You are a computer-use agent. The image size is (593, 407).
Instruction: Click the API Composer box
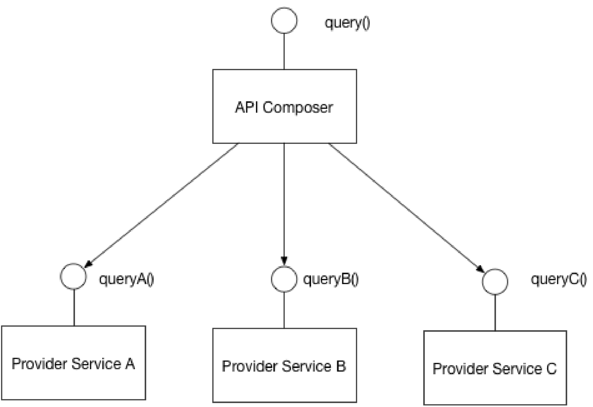[285, 106]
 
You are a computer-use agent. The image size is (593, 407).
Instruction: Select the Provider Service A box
[74, 363]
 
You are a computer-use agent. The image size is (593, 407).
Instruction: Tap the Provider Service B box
[285, 365]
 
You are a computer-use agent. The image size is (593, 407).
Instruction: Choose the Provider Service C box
[495, 368]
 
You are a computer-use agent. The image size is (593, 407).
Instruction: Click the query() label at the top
[347, 23]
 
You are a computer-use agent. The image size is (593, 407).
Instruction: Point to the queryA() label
[127, 279]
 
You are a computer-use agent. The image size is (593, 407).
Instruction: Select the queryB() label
[331, 279]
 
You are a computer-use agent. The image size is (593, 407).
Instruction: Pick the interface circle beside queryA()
[73, 263]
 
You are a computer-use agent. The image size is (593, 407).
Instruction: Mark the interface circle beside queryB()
[284, 266]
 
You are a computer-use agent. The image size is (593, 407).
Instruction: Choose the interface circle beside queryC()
[495, 269]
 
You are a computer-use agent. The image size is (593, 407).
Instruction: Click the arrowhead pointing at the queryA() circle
[88, 264]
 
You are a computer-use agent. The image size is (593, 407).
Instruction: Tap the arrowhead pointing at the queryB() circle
[284, 261]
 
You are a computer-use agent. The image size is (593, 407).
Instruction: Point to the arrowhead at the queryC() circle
[481, 269]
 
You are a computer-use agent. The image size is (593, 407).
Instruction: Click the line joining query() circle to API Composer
[284, 51]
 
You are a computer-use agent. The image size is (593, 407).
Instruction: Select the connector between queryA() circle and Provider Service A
[74, 307]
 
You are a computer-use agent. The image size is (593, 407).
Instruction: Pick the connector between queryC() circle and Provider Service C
[495, 313]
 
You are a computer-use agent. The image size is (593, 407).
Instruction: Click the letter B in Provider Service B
[341, 366]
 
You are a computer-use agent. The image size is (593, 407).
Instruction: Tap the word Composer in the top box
[298, 108]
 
